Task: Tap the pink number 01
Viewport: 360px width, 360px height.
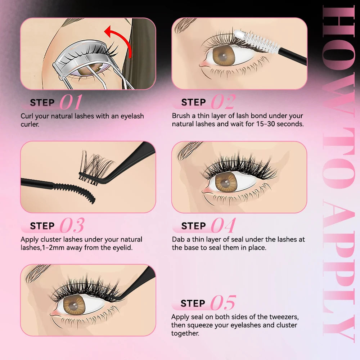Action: coord(71,102)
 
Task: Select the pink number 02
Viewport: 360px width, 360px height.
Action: coord(223,102)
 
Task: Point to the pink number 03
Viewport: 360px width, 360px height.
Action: coord(72,226)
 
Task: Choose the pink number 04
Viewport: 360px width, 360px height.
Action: coord(223,226)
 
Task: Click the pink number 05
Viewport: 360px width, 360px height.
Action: coord(223,303)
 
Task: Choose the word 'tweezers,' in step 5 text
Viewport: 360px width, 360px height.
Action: coord(282,317)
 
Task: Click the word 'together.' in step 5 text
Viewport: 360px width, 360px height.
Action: coord(185,333)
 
